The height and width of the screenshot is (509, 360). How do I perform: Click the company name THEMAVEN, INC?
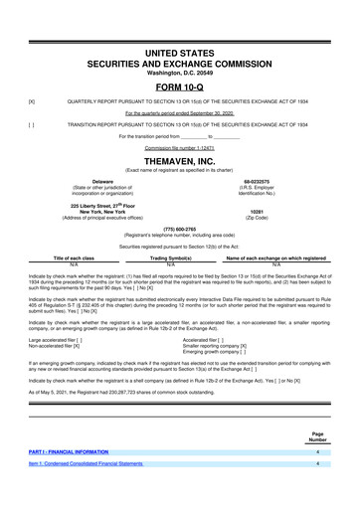179,159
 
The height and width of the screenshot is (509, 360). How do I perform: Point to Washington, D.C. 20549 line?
179,72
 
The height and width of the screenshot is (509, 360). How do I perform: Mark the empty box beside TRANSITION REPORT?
32,124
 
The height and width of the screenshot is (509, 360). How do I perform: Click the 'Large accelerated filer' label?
66,339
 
